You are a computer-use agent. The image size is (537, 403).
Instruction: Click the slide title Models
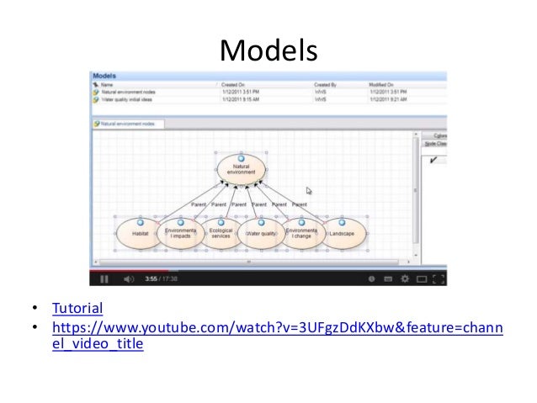[x=268, y=52]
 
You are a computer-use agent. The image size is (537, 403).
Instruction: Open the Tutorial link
[x=78, y=309]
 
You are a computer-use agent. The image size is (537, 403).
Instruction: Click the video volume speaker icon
[x=128, y=278]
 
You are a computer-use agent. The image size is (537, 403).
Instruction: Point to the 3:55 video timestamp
[x=152, y=278]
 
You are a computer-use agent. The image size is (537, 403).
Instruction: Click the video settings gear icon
[x=407, y=278]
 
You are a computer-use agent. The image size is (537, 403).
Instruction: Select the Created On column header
[x=233, y=85]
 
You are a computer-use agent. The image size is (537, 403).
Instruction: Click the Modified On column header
[x=384, y=85]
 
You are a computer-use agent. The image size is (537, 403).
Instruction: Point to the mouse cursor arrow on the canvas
[x=310, y=191]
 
